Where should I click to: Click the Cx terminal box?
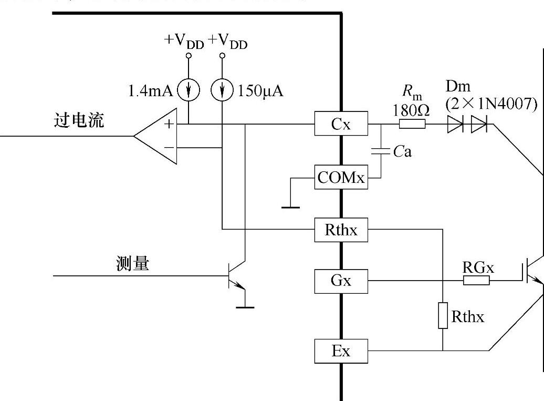coord(340,125)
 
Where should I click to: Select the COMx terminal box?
coord(340,178)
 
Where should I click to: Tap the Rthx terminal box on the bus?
coord(340,230)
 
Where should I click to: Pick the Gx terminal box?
coord(340,281)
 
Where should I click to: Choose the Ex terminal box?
coord(340,351)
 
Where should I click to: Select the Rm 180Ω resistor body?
coord(412,125)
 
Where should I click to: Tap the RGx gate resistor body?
coord(477,281)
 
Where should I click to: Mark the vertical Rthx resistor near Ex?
coord(443,315)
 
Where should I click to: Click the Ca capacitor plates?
coord(382,152)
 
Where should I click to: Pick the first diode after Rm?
coord(455,125)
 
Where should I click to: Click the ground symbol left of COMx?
coord(290,206)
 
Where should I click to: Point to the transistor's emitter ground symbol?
coord(245,306)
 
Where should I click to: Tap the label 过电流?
coord(79,120)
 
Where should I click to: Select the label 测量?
coord(132,264)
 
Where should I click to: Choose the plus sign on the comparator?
coord(169,124)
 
